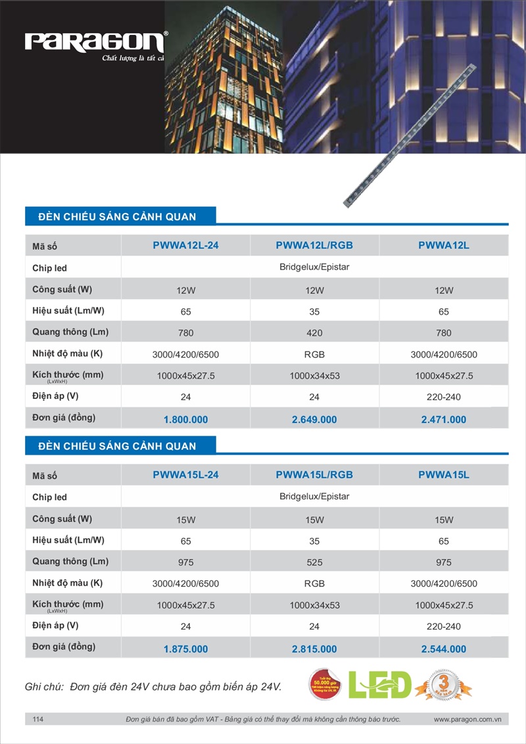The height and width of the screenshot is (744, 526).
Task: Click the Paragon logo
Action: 95,43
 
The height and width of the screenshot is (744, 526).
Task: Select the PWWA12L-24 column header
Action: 185,246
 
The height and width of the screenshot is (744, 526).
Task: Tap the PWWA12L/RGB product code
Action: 314,246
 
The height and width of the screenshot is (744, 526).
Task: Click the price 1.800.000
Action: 185,419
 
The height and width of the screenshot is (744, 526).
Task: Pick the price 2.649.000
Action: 314,419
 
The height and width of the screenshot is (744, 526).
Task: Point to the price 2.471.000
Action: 444,419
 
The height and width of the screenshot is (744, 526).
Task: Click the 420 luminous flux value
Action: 314,333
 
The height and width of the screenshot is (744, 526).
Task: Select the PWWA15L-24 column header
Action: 185,475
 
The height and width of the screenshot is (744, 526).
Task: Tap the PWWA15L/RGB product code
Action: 314,475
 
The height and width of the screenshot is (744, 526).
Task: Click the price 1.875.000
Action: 185,649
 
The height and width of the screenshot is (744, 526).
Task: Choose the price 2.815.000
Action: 314,649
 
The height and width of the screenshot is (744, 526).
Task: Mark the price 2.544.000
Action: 444,649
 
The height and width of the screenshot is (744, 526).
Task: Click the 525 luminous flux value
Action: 314,563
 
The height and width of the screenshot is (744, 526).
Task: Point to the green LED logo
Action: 380,685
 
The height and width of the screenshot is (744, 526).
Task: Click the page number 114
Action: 38,720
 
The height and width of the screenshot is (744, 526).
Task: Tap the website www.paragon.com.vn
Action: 467,720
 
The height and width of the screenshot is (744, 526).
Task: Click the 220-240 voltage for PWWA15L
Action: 444,626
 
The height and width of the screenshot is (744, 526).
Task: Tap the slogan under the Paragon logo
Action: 133,59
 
